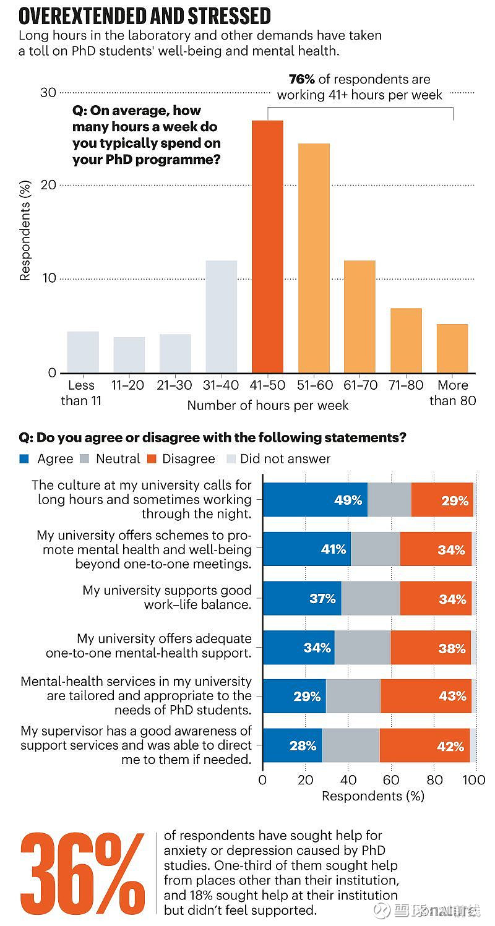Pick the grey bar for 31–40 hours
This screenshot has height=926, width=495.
[x=221, y=316]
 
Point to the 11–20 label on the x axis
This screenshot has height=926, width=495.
[x=128, y=385]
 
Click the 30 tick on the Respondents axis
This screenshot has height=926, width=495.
[x=48, y=93]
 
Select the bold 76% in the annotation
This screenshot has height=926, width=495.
[x=303, y=79]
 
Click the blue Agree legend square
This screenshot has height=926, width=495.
[x=25, y=459]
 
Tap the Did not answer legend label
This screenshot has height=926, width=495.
[x=285, y=459]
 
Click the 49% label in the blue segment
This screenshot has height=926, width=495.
[x=348, y=500]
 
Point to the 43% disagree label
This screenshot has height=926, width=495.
[x=452, y=697]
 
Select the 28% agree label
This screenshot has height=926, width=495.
[x=303, y=746]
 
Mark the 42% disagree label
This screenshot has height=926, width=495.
[x=450, y=746]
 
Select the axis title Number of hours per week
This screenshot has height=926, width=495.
[x=268, y=406]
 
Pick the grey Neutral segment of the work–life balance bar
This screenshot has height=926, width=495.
[x=371, y=598]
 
